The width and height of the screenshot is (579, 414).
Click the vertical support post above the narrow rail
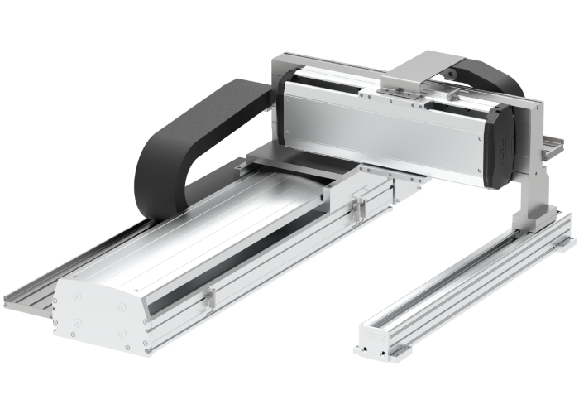tap(529, 182)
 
